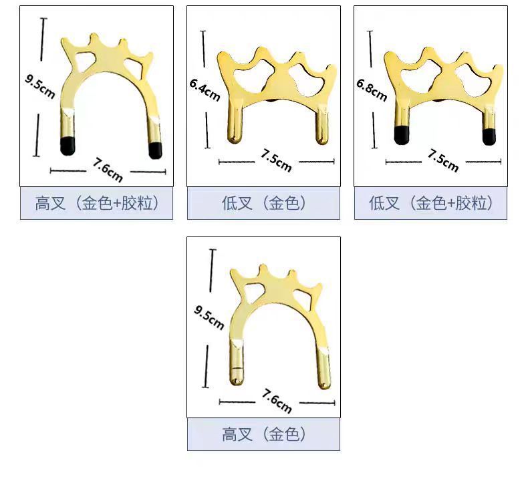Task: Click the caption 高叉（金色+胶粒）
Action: click(x=96, y=203)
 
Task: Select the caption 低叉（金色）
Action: click(x=263, y=203)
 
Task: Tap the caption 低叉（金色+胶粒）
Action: click(x=430, y=203)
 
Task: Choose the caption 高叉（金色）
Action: click(x=263, y=435)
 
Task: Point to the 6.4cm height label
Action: click(x=205, y=90)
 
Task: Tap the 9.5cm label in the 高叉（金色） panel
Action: click(x=209, y=318)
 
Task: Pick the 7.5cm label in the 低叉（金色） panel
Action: click(x=275, y=160)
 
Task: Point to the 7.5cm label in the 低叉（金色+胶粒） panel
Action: click(x=442, y=160)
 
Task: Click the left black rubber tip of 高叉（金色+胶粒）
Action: click(x=67, y=145)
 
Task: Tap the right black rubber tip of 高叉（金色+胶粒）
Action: click(x=155, y=150)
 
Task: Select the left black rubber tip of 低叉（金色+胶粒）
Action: click(x=402, y=135)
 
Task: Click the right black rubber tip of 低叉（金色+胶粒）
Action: click(x=489, y=136)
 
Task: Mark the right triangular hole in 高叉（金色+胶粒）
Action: click(x=143, y=65)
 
